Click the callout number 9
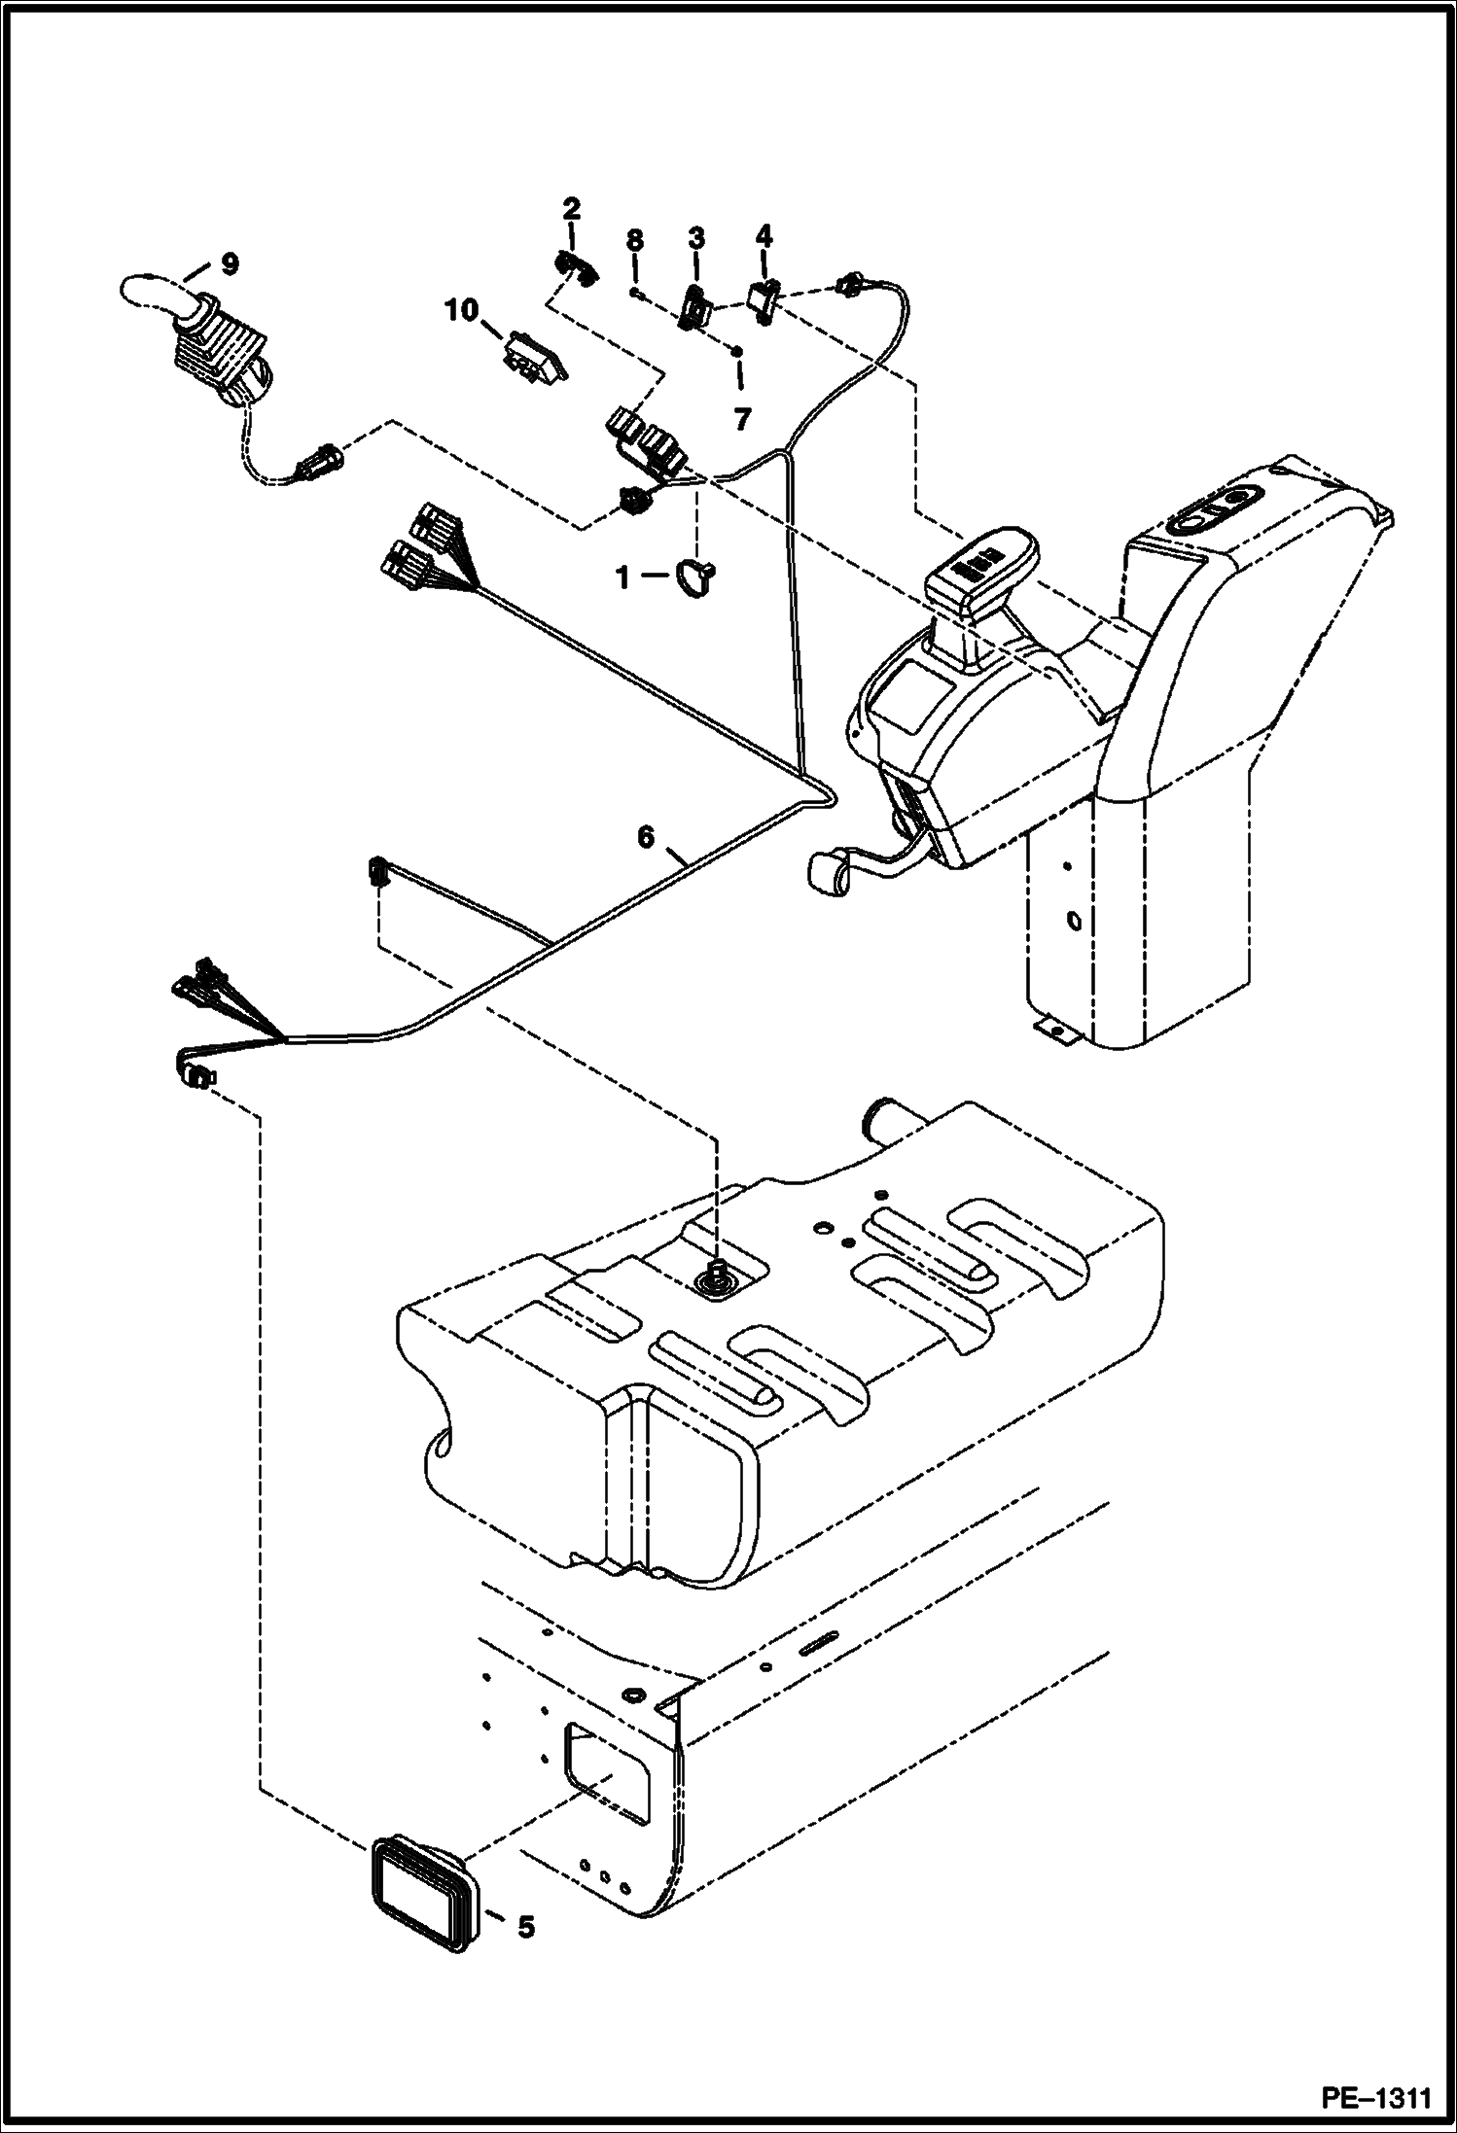229,262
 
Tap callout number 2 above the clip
571,207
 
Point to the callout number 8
634,238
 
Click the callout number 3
696,238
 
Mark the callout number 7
742,419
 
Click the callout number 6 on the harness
646,836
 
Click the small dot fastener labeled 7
737,351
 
